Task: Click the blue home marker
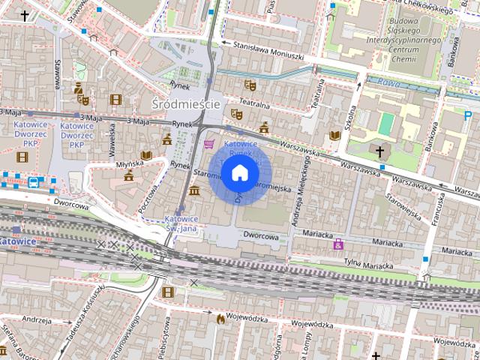click(239, 174)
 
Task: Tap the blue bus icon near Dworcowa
click(34, 181)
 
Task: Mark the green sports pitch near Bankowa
click(385, 123)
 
